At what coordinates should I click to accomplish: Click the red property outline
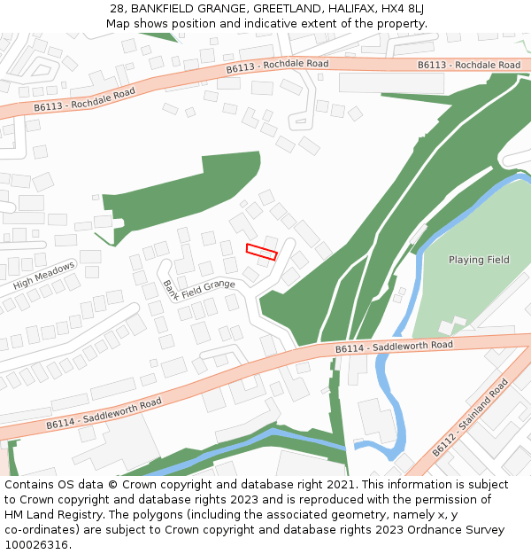click(x=261, y=252)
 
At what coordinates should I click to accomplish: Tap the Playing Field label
click(x=479, y=260)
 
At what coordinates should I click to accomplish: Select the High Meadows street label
click(x=44, y=277)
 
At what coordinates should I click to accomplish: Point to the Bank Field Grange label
click(x=196, y=289)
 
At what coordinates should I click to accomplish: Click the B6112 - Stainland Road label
click(x=470, y=418)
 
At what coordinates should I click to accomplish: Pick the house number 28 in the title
click(x=118, y=9)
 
